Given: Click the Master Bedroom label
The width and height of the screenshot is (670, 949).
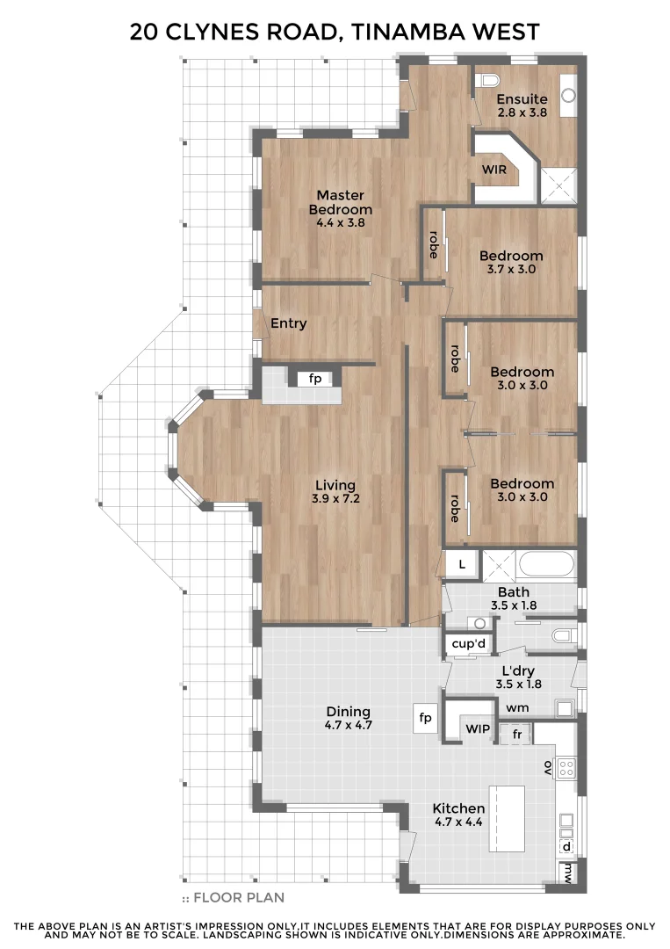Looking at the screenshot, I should click(x=340, y=202).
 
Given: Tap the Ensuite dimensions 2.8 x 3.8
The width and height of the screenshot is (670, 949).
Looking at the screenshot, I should click(x=522, y=112).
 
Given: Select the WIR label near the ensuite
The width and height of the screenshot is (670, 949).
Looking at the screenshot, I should click(x=494, y=170).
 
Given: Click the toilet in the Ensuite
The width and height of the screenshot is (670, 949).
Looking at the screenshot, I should click(x=486, y=80).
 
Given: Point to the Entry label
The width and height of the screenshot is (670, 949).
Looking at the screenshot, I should click(x=288, y=323).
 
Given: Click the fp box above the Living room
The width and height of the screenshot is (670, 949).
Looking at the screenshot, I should click(x=314, y=379).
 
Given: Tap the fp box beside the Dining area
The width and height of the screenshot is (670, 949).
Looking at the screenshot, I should click(x=426, y=719).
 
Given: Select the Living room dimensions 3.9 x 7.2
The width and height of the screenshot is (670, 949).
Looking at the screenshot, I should click(x=335, y=498).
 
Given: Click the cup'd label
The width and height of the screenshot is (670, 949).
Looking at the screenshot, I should click(x=468, y=644).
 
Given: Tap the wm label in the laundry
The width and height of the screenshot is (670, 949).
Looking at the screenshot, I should click(x=515, y=706).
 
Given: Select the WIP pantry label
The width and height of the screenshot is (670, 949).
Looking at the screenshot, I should click(x=477, y=729).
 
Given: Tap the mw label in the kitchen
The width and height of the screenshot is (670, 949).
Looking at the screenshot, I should click(x=569, y=873).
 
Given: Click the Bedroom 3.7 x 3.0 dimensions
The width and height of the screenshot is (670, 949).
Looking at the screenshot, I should click(x=510, y=269).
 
